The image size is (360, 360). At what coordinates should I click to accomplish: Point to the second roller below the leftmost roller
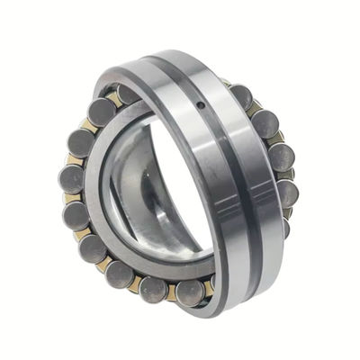pos(92,247)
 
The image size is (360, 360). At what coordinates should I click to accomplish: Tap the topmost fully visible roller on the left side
pos(101,112)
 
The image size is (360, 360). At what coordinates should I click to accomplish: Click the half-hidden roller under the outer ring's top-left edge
pos(127,94)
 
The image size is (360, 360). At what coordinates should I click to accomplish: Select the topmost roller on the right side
pos(240,96)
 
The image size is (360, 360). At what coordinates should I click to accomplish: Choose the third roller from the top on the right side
pos(281,158)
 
